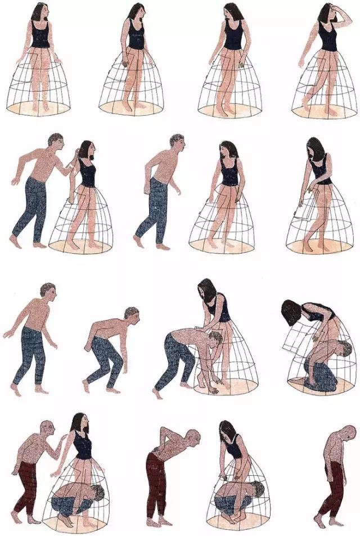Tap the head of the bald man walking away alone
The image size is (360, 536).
click(x=349, y=434)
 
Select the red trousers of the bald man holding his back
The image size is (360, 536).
click(x=155, y=484)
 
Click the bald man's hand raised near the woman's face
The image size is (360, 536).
click(x=61, y=448)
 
